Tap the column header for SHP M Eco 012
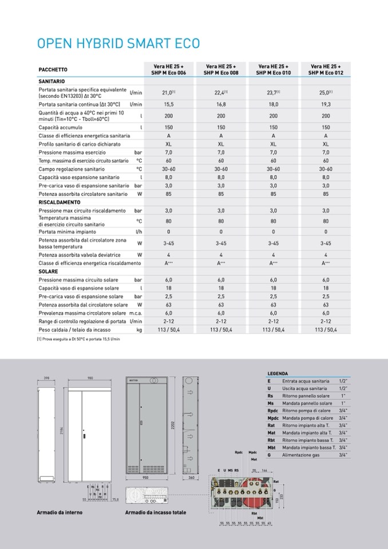[326, 70]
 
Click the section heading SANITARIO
[52, 82]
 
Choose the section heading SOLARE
[48, 271]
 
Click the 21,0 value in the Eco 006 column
[168, 92]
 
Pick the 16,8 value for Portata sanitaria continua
[221, 105]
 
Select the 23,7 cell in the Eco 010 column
[273, 92]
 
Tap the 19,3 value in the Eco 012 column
[326, 105]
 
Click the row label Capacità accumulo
[61, 127]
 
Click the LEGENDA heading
[278, 373]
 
